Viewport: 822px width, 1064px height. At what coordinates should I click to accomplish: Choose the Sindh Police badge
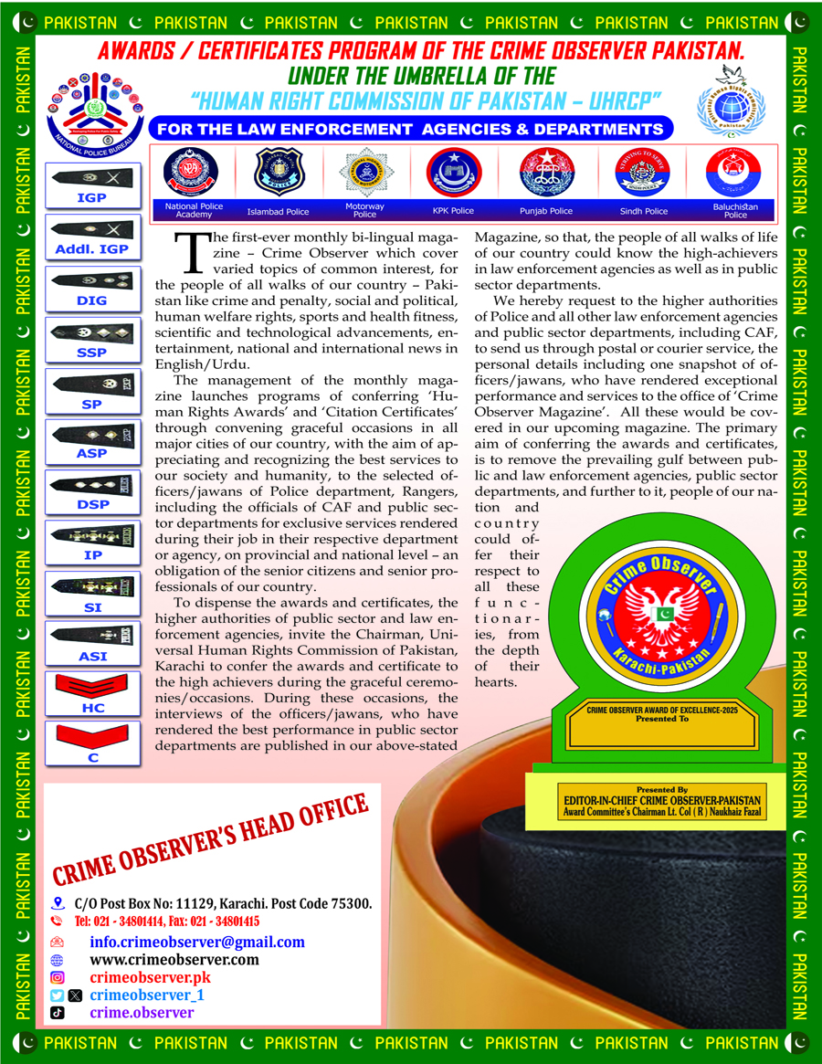(644, 171)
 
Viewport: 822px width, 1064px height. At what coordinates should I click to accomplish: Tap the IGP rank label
(92, 196)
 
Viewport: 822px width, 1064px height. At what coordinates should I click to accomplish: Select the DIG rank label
(92, 300)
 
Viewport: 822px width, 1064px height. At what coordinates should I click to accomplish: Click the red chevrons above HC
(92, 687)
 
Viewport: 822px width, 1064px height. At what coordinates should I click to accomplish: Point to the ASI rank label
(92, 657)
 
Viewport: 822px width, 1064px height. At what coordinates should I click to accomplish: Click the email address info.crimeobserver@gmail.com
(197, 942)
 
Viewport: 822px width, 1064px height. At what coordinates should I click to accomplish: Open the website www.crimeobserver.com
(174, 959)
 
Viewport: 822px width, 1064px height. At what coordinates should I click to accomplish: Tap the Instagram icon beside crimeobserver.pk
(58, 977)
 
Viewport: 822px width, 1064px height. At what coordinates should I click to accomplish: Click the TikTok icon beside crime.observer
(57, 1012)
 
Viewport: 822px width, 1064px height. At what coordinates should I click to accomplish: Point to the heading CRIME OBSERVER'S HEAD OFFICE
(209, 841)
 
